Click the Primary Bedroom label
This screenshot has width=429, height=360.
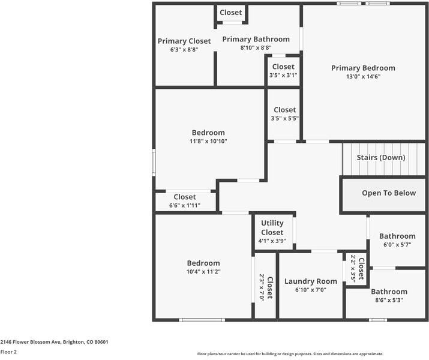tap(363, 68)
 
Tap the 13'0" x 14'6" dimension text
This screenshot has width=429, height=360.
tap(363, 77)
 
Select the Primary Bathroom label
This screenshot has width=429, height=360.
tap(256, 39)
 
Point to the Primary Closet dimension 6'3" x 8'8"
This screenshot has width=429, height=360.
tap(184, 50)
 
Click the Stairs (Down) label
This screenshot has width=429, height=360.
tap(381, 157)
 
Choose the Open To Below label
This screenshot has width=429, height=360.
tap(389, 193)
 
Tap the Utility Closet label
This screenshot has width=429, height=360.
tap(272, 227)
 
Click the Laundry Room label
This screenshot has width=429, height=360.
tap(311, 281)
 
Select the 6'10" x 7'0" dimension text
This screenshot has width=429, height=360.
tap(311, 290)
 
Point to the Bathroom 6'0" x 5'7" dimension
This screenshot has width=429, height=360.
tap(397, 245)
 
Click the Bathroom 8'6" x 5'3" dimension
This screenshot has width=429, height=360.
tap(389, 300)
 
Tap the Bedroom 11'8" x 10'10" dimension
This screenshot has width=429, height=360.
tap(208, 141)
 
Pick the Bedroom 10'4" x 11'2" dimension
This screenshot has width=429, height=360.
tap(203, 272)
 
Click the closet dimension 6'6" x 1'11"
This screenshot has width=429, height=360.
tap(185, 205)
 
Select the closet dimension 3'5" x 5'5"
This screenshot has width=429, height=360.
tap(284, 118)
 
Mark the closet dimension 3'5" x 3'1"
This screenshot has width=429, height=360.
tap(283, 75)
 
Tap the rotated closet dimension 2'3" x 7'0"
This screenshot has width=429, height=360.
tap(262, 287)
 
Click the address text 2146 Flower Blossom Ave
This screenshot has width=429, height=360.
tap(31, 342)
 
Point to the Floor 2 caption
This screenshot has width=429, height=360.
tap(8, 352)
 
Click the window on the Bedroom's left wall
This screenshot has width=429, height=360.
tap(154, 163)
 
